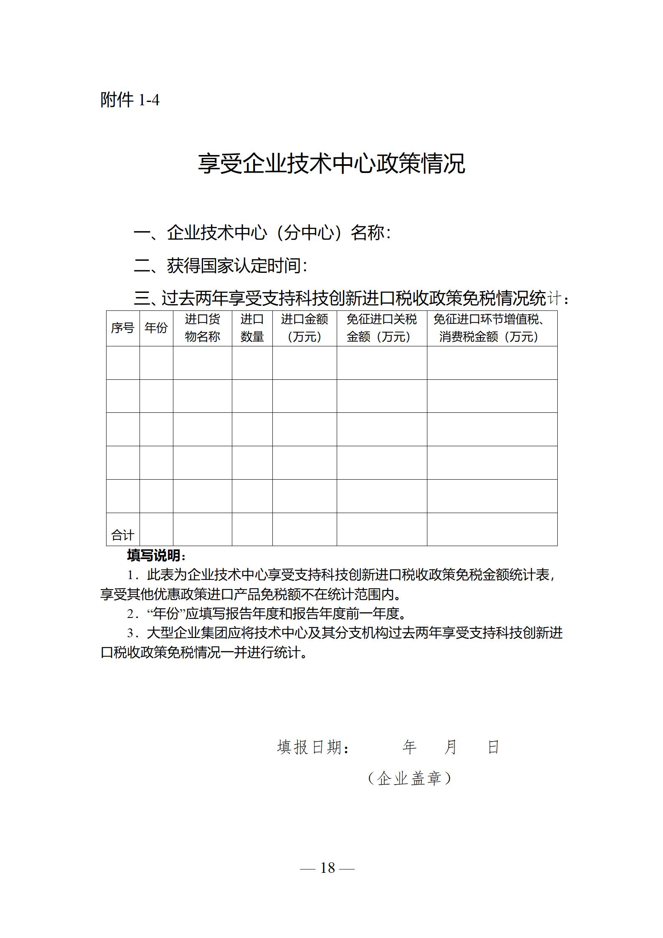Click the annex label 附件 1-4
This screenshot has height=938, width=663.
(x=130, y=100)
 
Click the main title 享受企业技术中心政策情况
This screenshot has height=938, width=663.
(x=331, y=163)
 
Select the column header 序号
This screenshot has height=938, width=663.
(x=122, y=328)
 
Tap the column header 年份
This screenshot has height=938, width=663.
(x=156, y=328)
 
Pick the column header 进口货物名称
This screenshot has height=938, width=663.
(x=202, y=328)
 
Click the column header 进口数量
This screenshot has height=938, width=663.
(x=252, y=328)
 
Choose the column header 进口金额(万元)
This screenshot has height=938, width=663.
(x=304, y=328)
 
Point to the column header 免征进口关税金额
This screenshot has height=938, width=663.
(x=381, y=328)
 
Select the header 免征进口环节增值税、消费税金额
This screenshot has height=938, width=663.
(x=492, y=328)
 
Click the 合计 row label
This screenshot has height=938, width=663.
(x=122, y=535)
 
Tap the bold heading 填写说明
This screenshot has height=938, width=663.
(x=156, y=556)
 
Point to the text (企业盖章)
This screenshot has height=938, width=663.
(x=409, y=778)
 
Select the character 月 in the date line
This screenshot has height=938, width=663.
(x=450, y=747)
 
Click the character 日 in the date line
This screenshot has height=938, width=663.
(x=493, y=747)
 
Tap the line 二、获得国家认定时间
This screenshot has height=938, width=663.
(x=221, y=266)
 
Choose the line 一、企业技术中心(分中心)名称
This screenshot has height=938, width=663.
(x=262, y=233)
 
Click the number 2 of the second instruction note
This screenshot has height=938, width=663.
(x=131, y=614)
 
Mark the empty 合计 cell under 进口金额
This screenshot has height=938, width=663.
(x=304, y=529)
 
